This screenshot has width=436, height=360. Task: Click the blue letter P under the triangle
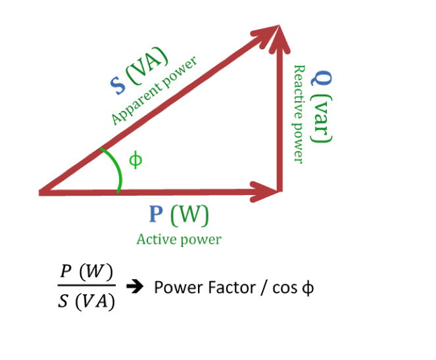(157, 214)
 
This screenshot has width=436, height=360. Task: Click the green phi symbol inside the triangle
(135, 160)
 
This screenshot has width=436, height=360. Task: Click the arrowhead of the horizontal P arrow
(267, 192)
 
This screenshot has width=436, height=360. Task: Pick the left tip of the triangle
(41, 192)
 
